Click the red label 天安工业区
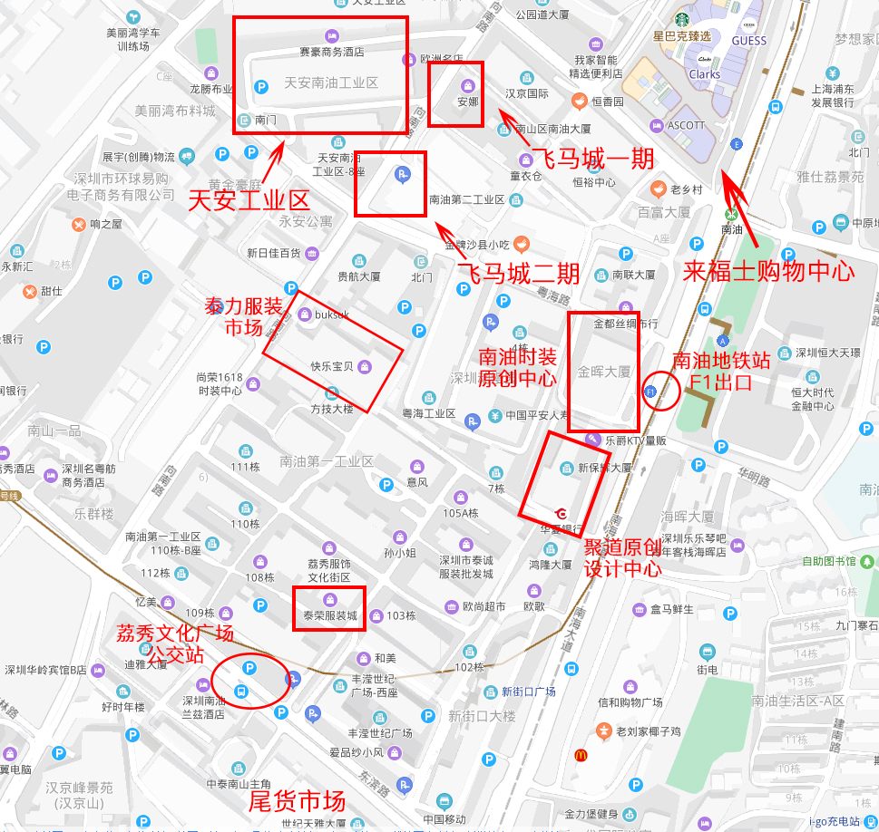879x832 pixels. (249, 199)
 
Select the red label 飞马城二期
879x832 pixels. (518, 273)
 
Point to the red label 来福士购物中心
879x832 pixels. (768, 270)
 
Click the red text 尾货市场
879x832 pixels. (297, 801)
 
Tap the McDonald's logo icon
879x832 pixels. (579, 755)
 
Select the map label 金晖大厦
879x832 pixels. (603, 371)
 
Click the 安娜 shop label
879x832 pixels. (467, 102)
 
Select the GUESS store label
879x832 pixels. (748, 41)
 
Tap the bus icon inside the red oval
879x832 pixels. (240, 692)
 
